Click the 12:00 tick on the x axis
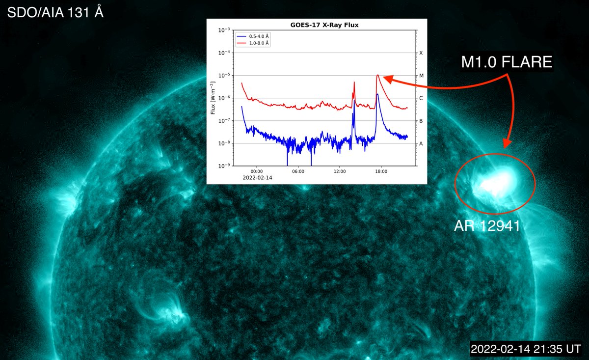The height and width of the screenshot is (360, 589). click(x=340, y=171)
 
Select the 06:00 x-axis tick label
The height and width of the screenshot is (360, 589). click(x=298, y=171)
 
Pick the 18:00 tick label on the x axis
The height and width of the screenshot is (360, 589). click(x=381, y=171)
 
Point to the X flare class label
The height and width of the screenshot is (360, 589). click(x=421, y=53)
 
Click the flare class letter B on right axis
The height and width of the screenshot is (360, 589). click(x=421, y=121)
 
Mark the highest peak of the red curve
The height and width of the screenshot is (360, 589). click(x=377, y=75)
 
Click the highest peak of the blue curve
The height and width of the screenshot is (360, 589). click(x=377, y=94)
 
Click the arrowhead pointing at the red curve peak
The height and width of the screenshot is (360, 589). click(x=384, y=77)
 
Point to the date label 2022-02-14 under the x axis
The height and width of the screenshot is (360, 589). click(x=257, y=177)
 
